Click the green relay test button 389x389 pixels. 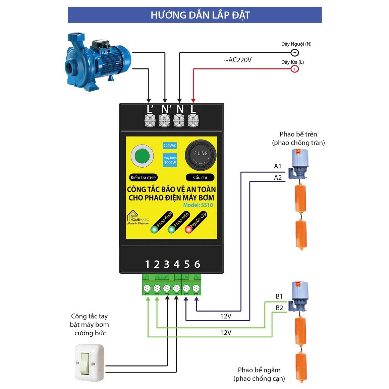[x=142, y=156]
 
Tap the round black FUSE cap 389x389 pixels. [x=201, y=155]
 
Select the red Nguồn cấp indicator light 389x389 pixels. [x=188, y=229]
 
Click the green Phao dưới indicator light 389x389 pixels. [x=154, y=229]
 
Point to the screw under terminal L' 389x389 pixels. [x=150, y=121]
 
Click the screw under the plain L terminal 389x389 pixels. [x=193, y=121]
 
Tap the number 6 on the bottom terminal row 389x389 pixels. [x=197, y=265]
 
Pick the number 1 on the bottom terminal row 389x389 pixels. [x=147, y=265]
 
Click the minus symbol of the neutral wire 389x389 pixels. [x=295, y=53]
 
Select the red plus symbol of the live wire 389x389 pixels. [x=295, y=69]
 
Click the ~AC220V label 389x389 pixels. [x=238, y=60]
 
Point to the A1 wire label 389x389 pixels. [x=278, y=166]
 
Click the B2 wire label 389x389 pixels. [x=279, y=308]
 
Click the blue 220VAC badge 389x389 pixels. [x=170, y=146]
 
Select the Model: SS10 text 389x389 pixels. [x=198, y=205]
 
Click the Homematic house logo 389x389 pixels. [x=132, y=215]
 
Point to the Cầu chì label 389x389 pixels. [x=200, y=177]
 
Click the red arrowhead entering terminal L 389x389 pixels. [x=193, y=100]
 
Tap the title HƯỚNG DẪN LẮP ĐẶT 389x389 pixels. [x=200, y=15]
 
